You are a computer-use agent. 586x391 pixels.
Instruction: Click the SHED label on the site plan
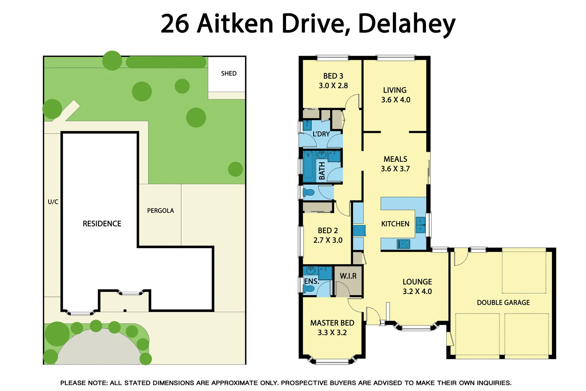point(229,73)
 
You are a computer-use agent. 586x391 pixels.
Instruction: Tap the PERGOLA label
point(160,211)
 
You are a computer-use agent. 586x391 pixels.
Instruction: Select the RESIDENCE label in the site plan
point(102,224)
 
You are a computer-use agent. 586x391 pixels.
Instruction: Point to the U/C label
point(53,202)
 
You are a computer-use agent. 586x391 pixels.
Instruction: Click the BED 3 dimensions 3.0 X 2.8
point(333,86)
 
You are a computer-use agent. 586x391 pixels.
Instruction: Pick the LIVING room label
point(395,90)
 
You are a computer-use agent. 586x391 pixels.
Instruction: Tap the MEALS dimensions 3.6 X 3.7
point(395,169)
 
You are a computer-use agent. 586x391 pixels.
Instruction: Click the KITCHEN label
point(395,224)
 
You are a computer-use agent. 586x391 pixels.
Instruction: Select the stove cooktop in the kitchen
point(403,244)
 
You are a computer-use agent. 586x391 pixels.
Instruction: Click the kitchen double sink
point(420,225)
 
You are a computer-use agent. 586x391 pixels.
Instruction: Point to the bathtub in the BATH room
point(309,167)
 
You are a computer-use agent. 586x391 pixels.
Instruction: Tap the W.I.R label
point(348,276)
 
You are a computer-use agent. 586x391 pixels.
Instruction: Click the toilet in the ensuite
point(309,289)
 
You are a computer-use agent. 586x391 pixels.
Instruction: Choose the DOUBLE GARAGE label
point(503,303)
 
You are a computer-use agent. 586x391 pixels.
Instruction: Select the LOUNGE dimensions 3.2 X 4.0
point(417,291)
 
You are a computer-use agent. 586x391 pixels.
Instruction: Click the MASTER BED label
point(332,323)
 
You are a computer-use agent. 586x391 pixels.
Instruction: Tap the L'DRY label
point(321,134)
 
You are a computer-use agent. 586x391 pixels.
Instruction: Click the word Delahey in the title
point(406,24)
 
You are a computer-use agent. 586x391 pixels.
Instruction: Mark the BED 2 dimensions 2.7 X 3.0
point(328,240)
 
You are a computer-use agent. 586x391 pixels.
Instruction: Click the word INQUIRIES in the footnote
point(493,383)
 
